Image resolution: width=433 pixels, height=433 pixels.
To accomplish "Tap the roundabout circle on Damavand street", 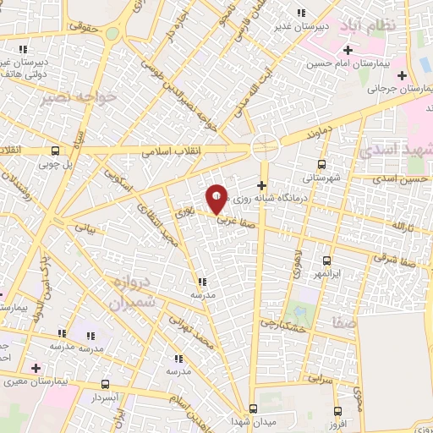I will pyautogui.click(x=266, y=145).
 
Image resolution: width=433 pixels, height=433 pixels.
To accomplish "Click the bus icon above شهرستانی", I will pyautogui.click(x=321, y=165).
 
